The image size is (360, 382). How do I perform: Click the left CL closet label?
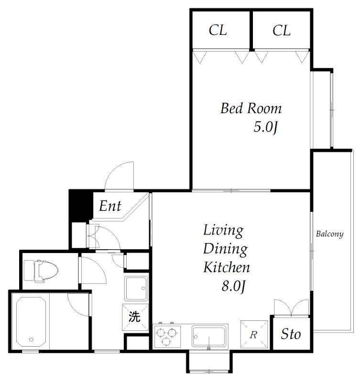218,31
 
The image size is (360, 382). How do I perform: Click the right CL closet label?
282,31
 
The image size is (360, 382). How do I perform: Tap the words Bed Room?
251,108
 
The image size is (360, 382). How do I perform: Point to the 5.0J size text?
266,127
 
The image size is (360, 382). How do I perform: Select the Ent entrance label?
110,206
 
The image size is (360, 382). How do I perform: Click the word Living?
223,231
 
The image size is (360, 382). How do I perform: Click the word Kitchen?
227,267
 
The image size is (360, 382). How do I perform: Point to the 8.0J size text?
233,286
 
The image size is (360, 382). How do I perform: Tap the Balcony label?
329,234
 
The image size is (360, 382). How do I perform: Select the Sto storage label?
291,334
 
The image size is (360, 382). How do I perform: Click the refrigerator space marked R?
254,334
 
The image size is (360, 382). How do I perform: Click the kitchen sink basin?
208,337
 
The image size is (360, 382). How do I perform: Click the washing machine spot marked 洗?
135,317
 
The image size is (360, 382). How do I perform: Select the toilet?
41,271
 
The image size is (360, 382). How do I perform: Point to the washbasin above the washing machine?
136,288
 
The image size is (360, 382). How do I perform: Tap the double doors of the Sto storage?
292,308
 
